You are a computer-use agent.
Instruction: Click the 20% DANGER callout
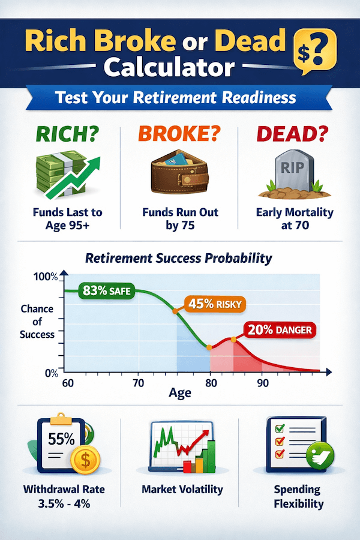click(x=280, y=329)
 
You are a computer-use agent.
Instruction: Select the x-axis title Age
click(x=180, y=394)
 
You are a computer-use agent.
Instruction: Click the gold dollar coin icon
click(x=83, y=461)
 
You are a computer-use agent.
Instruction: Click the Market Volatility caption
click(x=182, y=490)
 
